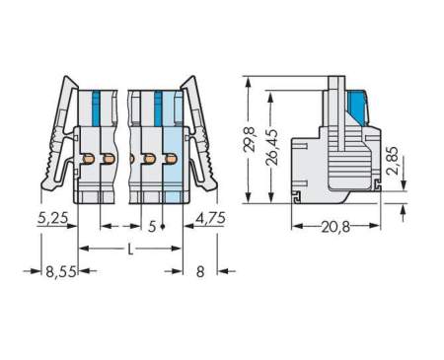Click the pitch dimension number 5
151,226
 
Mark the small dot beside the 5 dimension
162,227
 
